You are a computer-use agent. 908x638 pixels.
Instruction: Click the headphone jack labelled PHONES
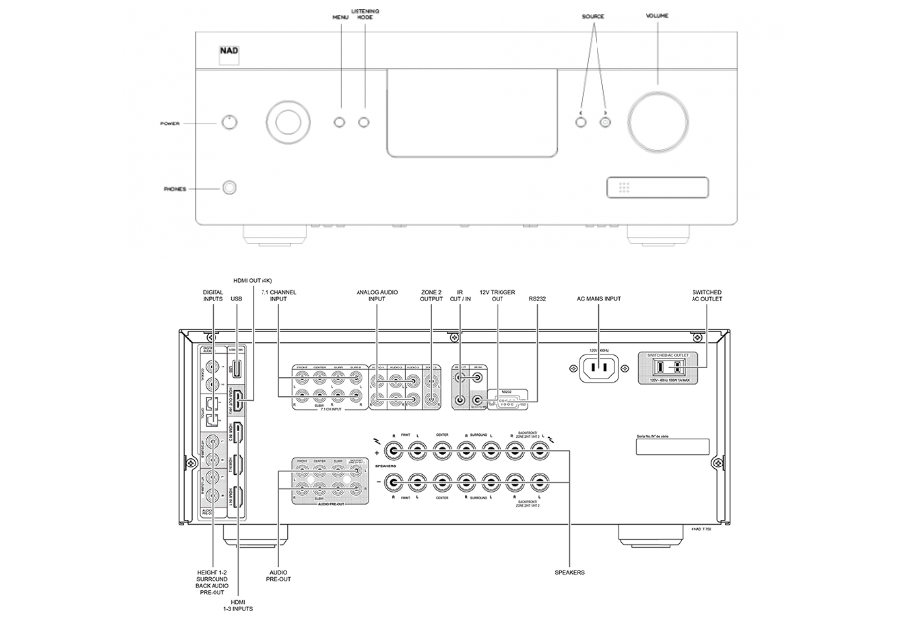[230, 188]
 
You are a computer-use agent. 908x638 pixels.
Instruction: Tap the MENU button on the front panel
[340, 123]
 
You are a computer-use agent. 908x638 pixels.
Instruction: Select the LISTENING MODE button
[364, 123]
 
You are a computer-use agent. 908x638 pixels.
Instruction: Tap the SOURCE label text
[593, 17]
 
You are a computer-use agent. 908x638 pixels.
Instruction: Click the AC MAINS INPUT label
[599, 297]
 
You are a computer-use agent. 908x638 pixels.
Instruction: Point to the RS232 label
[537, 297]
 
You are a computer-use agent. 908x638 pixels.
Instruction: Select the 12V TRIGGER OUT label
[497, 297]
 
